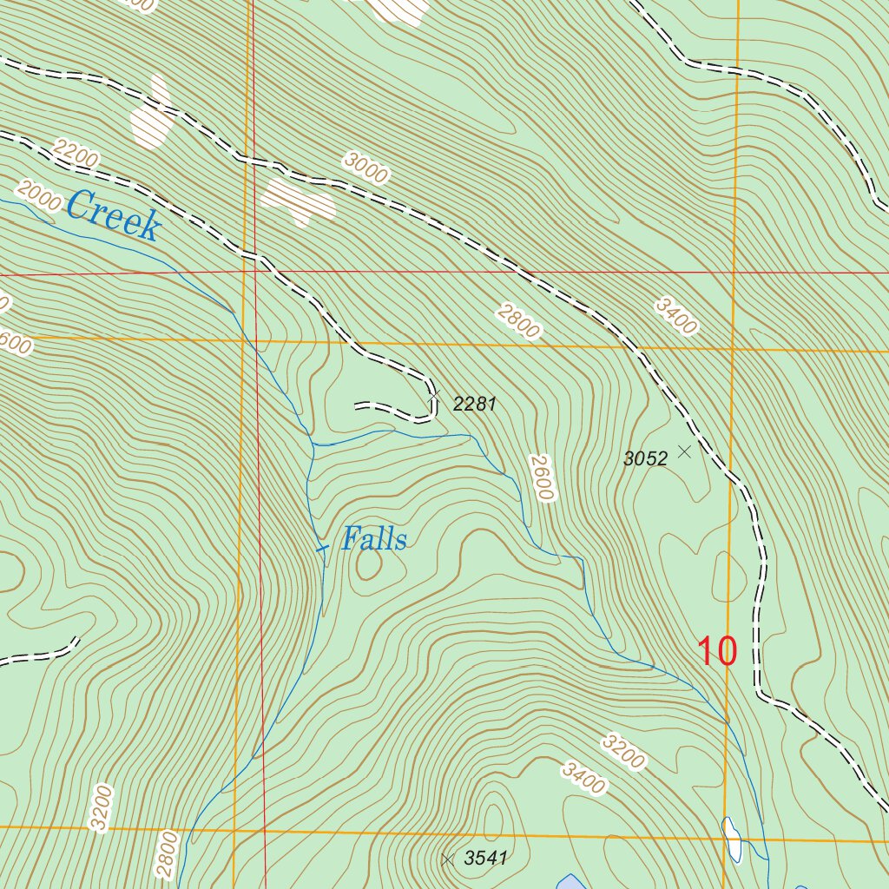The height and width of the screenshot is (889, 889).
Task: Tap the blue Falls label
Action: pos(373,539)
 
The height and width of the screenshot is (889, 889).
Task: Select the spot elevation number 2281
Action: pos(474,404)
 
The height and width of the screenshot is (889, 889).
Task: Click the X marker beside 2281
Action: pos(435,394)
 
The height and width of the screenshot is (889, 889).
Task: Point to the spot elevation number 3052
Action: pos(645,459)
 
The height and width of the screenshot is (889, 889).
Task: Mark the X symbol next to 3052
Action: pos(684,451)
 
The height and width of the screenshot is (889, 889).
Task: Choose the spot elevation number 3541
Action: pos(485,859)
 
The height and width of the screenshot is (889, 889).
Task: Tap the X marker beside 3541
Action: pos(447,859)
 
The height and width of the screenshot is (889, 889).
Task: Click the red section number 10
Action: pos(718,651)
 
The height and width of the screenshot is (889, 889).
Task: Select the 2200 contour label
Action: pos(76,155)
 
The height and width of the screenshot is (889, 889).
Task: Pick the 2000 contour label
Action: pos(39,196)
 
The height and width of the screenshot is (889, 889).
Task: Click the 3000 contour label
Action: pos(365,167)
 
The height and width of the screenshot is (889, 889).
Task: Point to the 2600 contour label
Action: pos(541,477)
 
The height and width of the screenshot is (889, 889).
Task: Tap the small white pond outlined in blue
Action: pos(733,839)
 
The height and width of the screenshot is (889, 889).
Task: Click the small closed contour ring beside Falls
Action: pos(368,565)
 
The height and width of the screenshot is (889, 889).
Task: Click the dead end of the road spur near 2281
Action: pos(357,405)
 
